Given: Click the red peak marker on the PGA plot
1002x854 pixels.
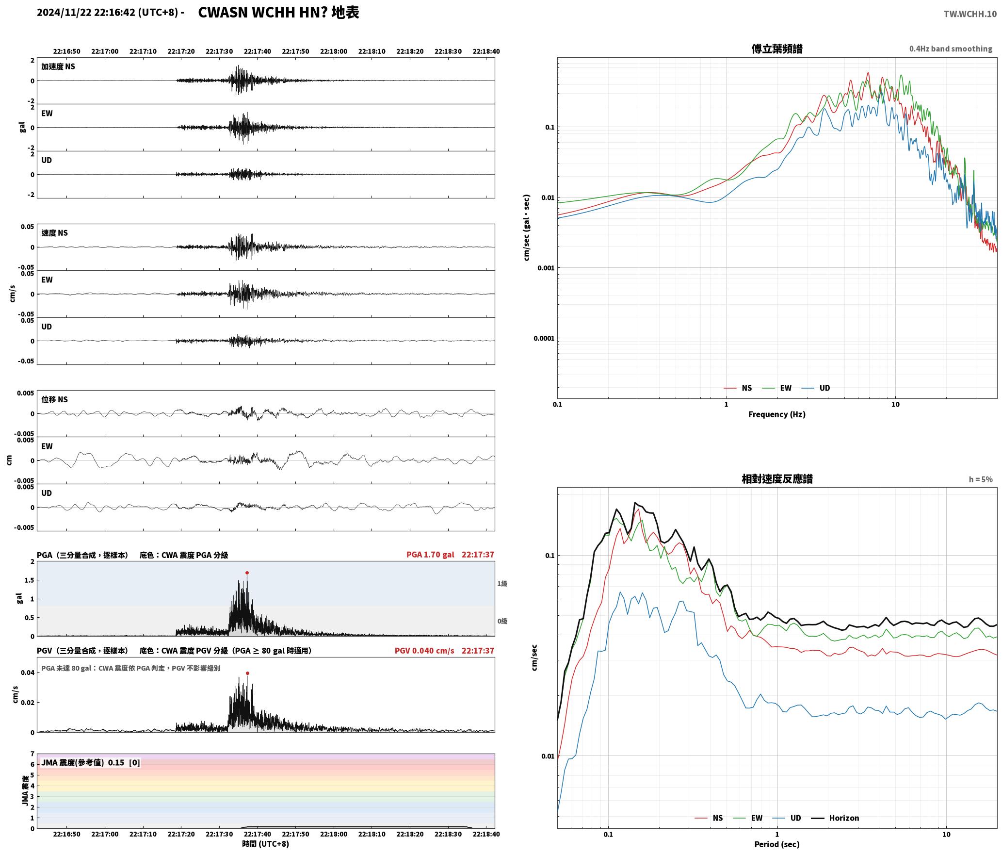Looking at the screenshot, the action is (247, 573).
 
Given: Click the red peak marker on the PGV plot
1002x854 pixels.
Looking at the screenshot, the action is (247, 673).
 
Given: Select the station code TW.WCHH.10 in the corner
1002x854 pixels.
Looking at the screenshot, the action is (970, 14).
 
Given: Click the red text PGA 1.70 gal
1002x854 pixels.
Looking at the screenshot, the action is (430, 555).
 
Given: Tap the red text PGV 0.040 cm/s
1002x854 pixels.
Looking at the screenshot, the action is (424, 651).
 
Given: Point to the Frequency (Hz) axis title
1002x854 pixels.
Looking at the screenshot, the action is (777, 414).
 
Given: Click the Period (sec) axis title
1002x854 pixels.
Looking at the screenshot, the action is (777, 844).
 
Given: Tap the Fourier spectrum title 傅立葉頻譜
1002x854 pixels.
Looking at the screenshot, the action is (777, 49).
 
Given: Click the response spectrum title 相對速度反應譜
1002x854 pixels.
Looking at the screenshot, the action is (777, 479).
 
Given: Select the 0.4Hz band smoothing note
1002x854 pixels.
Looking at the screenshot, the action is (951, 49).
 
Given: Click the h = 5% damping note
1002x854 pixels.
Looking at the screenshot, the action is (981, 479).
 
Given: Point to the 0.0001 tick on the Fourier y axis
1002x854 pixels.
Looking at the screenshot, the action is (544, 338).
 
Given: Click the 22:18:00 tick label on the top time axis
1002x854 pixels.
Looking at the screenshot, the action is (334, 51).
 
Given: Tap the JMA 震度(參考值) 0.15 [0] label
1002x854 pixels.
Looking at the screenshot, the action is (91, 763).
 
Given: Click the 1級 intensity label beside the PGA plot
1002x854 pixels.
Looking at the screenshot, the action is (502, 584).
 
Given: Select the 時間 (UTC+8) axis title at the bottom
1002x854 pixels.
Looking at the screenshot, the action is (266, 844).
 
